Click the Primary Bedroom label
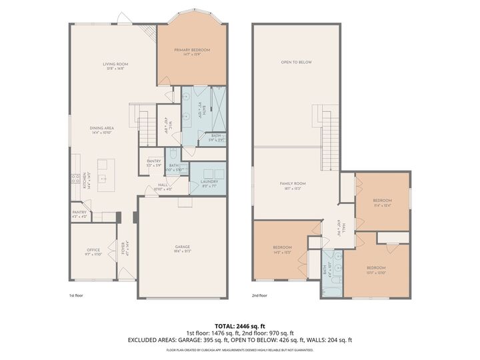(192, 51)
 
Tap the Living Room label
(115, 65)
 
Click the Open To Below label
(296, 62)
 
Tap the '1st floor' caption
(77, 295)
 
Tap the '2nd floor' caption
(259, 295)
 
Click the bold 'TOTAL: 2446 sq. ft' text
(239, 326)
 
